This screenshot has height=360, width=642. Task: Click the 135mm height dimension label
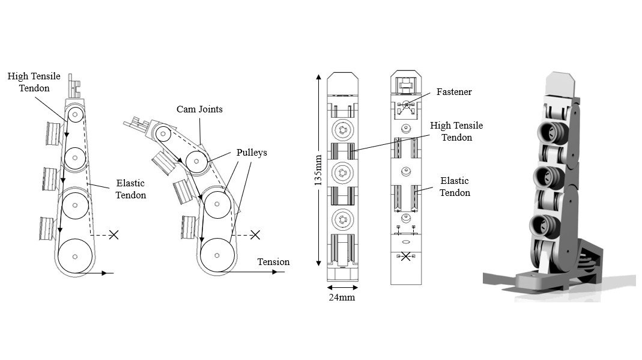pyautogui.click(x=318, y=170)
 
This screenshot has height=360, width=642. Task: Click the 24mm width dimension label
pyautogui.click(x=342, y=297)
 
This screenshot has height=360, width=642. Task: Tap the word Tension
pyautogui.click(x=273, y=261)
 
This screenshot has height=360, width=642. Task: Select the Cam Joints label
pyautogui.click(x=199, y=109)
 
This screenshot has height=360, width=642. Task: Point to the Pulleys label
pyautogui.click(x=252, y=153)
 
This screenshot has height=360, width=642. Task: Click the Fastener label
pyautogui.click(x=453, y=92)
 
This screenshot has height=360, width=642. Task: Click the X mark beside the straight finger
pyautogui.click(x=114, y=234)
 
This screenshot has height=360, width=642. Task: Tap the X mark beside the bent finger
pyautogui.click(x=255, y=234)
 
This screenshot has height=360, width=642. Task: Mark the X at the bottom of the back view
pyautogui.click(x=405, y=257)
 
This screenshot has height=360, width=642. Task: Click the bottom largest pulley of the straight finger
pyautogui.click(x=75, y=257)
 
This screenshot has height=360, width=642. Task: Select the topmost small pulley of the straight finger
pyautogui.click(x=75, y=115)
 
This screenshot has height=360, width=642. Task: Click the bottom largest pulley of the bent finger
pyautogui.click(x=217, y=255)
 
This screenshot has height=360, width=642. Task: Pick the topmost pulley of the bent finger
pyautogui.click(x=163, y=134)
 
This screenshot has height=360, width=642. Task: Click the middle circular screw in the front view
pyautogui.click(x=342, y=172)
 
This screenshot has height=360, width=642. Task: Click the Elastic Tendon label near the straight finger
pyautogui.click(x=130, y=189)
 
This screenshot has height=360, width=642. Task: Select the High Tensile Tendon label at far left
pyautogui.click(x=34, y=82)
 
